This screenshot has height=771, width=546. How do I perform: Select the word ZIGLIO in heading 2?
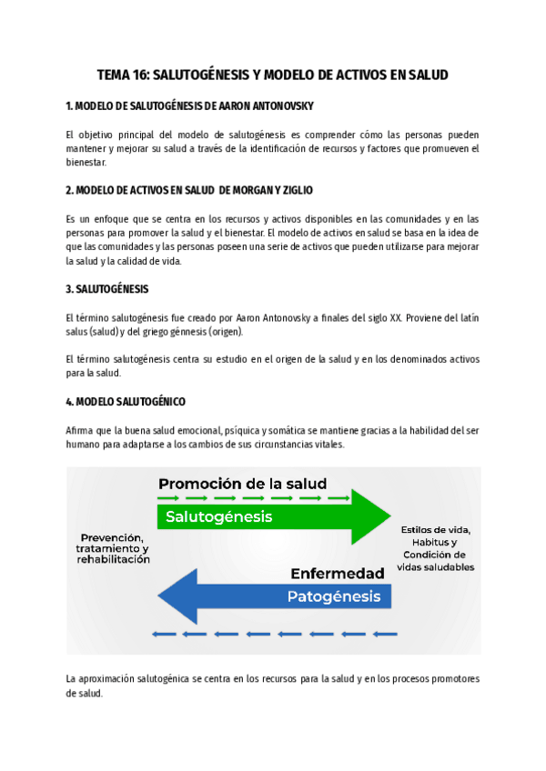[295, 190]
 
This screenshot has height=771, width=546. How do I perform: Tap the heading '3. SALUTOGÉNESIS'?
[107, 289]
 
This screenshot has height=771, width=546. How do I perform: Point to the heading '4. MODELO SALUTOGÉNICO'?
[126, 401]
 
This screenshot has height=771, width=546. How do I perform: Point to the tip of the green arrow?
[389, 516]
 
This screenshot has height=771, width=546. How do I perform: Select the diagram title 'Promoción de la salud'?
[242, 484]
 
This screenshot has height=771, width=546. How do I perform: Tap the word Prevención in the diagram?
[114, 536]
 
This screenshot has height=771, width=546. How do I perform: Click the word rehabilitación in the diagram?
[114, 560]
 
